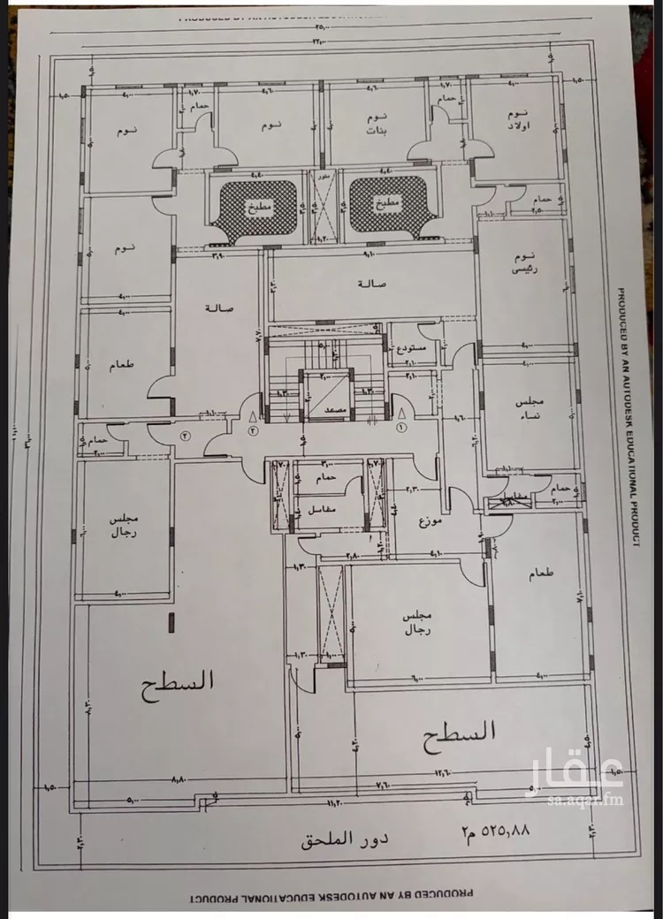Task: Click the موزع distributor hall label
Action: [x=430, y=520]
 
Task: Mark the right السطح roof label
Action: [x=460, y=732]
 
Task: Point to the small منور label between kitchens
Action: [x=323, y=177]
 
